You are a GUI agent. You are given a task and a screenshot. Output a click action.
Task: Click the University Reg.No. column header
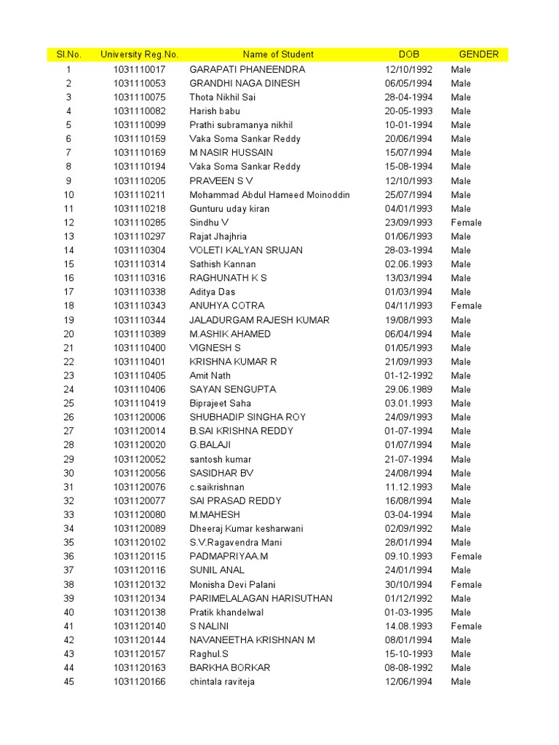click(x=139, y=55)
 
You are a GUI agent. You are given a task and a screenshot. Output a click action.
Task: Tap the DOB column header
click(x=408, y=55)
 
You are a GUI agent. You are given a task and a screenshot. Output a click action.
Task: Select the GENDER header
click(x=478, y=55)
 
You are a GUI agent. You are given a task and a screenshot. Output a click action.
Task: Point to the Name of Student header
click(x=278, y=55)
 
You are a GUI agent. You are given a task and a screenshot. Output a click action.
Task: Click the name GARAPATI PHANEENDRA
click(x=247, y=70)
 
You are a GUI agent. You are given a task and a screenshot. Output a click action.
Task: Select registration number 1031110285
click(x=139, y=223)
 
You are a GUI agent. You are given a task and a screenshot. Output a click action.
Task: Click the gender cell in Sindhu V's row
click(x=466, y=223)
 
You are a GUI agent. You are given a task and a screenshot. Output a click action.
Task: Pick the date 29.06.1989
click(x=408, y=389)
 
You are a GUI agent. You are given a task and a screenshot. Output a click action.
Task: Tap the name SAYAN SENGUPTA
click(x=233, y=389)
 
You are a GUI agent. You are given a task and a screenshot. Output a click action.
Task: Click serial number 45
click(x=68, y=682)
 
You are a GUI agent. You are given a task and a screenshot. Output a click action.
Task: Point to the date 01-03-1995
click(x=408, y=613)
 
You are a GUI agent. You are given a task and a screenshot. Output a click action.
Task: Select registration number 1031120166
click(x=139, y=682)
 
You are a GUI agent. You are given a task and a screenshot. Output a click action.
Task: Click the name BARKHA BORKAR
click(x=230, y=668)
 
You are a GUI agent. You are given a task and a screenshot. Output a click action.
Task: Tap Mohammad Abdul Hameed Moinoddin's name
click(x=269, y=195)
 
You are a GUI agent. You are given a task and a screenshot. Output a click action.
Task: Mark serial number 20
click(x=68, y=334)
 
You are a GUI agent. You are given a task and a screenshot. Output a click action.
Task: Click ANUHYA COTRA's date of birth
click(x=408, y=306)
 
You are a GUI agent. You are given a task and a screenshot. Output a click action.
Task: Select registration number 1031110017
click(x=139, y=70)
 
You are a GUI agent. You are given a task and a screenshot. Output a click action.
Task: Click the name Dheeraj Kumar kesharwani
click(x=246, y=529)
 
